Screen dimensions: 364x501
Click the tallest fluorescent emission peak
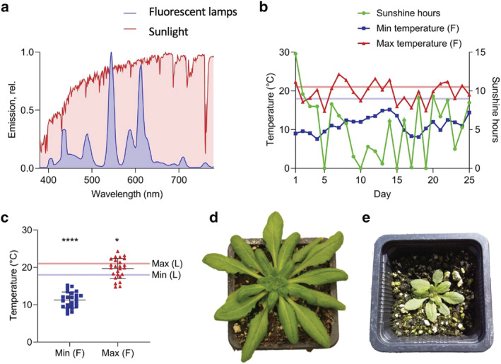(111, 53)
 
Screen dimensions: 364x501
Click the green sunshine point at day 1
(295, 53)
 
